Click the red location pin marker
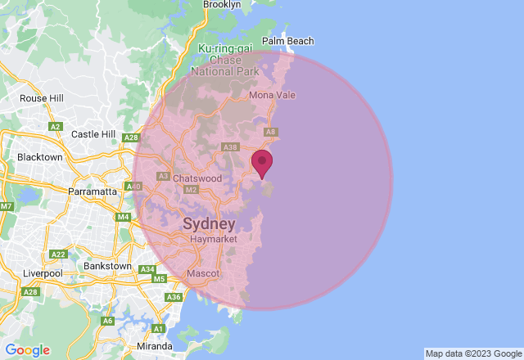[x=262, y=162]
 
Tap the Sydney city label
[x=209, y=223]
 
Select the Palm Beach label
[x=287, y=41]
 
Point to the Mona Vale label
[x=272, y=95]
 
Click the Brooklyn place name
[x=221, y=5]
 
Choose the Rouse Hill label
[x=42, y=98]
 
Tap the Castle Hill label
[x=94, y=134]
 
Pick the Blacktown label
[x=40, y=157]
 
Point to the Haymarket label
[x=213, y=239]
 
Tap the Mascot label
[x=202, y=272]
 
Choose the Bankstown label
[x=107, y=266]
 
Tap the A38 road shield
[x=230, y=147]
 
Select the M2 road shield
[x=192, y=190]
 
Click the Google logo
[x=27, y=350]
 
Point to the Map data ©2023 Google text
[x=472, y=353]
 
